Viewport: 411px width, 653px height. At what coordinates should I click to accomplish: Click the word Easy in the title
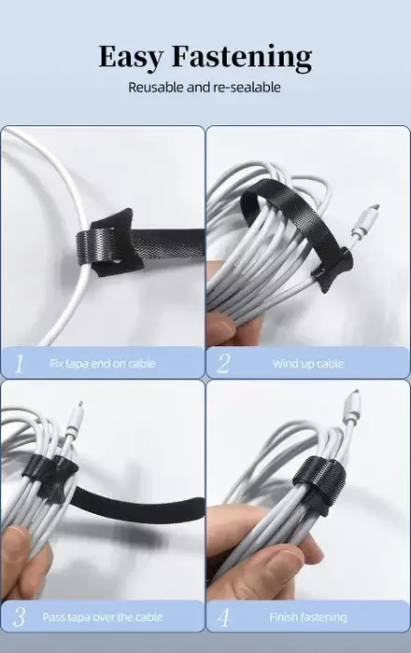(131, 57)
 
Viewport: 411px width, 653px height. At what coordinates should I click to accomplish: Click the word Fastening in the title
(242, 57)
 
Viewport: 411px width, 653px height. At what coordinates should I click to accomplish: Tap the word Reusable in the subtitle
(155, 88)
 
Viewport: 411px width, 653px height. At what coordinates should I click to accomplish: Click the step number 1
(19, 364)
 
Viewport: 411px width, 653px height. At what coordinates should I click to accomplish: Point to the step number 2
(223, 364)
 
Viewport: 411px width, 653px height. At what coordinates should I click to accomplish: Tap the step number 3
(20, 617)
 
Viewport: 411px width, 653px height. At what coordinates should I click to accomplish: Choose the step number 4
(223, 617)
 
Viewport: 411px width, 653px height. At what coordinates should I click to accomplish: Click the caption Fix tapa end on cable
(103, 364)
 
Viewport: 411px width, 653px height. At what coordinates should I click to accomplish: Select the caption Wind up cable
(308, 364)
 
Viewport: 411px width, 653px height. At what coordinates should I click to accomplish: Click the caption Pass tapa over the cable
(103, 617)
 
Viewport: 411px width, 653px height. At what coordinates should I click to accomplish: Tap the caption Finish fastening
(308, 618)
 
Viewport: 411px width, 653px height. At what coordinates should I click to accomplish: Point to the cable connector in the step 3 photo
(75, 420)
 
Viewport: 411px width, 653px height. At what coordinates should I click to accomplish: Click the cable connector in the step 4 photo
(351, 410)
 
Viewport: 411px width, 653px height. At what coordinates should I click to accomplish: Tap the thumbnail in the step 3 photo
(16, 540)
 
